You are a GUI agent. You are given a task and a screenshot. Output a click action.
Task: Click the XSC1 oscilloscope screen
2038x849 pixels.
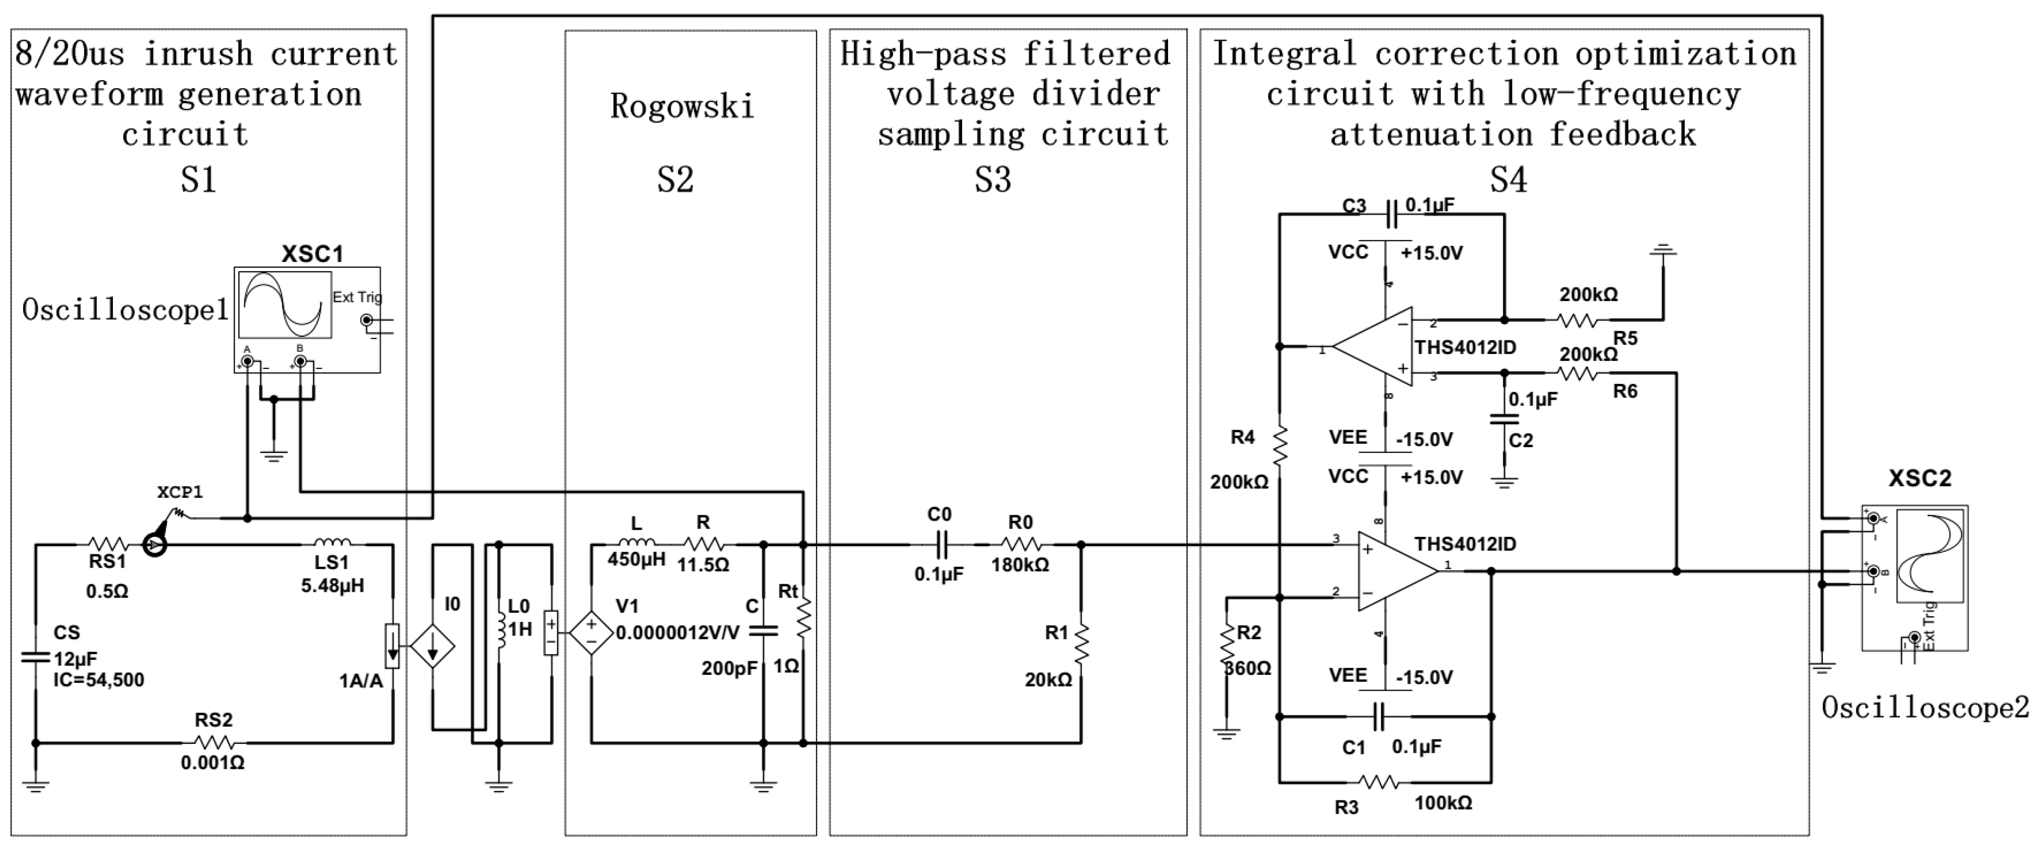tap(285, 305)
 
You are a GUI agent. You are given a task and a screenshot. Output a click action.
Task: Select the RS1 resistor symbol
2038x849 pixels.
tap(108, 544)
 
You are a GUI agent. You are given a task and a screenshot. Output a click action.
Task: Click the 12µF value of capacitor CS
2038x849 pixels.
tap(75, 658)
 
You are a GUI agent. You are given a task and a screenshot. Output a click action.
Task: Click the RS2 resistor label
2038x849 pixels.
tap(214, 720)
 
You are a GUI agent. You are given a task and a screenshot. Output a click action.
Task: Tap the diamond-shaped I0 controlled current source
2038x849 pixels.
tap(433, 645)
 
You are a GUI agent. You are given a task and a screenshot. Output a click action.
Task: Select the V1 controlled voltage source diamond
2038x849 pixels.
tap(591, 633)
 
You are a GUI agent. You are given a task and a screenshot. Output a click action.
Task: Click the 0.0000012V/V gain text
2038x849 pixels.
tap(677, 633)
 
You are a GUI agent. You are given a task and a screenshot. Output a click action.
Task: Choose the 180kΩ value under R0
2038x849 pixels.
tap(1020, 565)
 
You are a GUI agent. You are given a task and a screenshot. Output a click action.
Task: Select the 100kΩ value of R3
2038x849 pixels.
tap(1443, 803)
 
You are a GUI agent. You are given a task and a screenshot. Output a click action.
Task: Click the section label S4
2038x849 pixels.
tap(1508, 179)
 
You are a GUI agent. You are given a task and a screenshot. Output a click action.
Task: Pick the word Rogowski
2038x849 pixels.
tap(682, 107)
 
